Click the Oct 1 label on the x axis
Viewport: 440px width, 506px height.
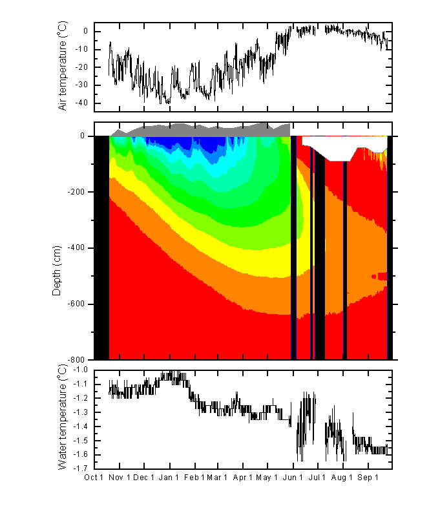pyautogui.click(x=94, y=478)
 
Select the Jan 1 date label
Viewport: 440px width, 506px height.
pyautogui.click(x=169, y=478)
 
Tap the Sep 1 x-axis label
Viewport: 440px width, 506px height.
pyautogui.click(x=368, y=478)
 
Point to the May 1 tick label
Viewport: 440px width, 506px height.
pyautogui.click(x=267, y=478)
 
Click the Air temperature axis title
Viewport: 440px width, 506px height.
pyautogui.click(x=63, y=65)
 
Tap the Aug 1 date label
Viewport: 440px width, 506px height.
pyautogui.click(x=342, y=478)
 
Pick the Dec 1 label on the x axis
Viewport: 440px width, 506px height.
pyautogui.click(x=144, y=478)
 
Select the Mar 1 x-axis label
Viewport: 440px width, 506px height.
pyautogui.click(x=217, y=478)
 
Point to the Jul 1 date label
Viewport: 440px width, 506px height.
pyautogui.click(x=317, y=478)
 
